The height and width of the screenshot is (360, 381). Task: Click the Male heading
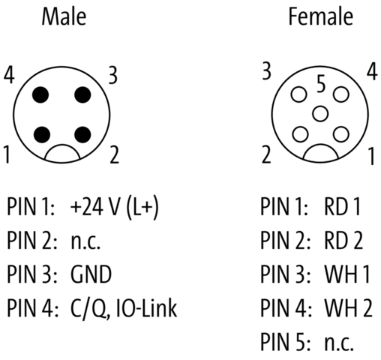pos(64,16)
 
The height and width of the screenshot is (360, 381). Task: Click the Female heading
pos(321,16)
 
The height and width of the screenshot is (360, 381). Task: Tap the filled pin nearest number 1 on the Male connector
pos(41,135)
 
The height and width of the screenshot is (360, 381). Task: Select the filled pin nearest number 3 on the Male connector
pos(82,94)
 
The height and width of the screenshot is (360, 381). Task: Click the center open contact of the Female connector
pos(320,114)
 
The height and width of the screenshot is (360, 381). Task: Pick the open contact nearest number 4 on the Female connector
pos(341,94)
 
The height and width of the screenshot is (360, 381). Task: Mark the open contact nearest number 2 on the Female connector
pos(300,134)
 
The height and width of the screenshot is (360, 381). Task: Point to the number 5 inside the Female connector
pos(321,84)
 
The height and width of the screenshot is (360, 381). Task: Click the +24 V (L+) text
pos(114,207)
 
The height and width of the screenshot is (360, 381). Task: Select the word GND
pos(91,274)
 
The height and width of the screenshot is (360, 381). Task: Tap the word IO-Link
pos(147,307)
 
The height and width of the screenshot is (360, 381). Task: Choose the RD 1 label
pos(342,206)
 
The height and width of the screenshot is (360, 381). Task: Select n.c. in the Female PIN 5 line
pos(339,343)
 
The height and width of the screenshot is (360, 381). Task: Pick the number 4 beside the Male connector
pos(9,75)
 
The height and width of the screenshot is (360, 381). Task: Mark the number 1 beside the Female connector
pos(372,156)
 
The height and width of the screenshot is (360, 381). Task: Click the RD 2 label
pos(343,240)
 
